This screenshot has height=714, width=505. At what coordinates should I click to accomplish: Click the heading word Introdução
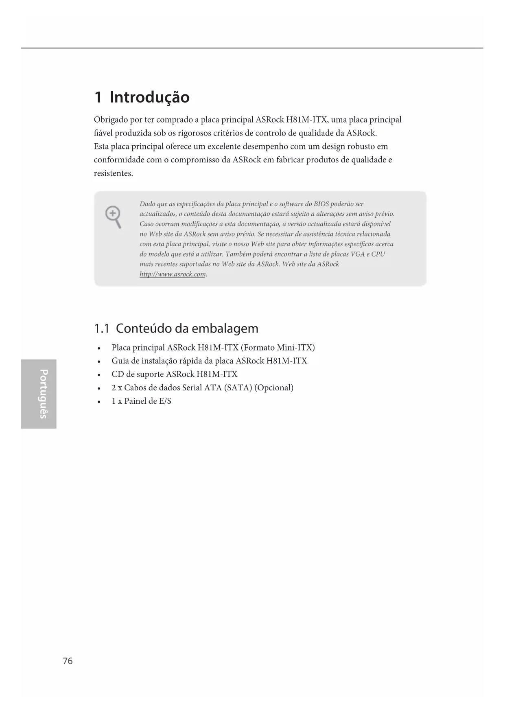tap(149, 98)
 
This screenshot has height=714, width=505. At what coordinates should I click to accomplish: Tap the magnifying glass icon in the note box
tap(113, 217)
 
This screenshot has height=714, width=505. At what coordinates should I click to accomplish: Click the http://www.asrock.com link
tap(173, 274)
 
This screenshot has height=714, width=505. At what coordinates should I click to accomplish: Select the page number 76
tap(68, 661)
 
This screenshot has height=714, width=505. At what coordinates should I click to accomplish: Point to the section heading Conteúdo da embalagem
tap(187, 329)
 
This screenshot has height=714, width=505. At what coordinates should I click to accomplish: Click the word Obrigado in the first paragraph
tap(110, 120)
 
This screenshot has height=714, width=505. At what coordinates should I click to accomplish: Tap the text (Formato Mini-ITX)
tap(278, 348)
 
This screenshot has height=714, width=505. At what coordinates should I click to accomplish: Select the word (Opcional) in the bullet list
tap(274, 388)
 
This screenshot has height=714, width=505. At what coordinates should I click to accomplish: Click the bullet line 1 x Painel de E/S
tap(141, 401)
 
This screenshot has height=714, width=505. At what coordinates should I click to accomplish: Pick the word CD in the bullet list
tap(117, 374)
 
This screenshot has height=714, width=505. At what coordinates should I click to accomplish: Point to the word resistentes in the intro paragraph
tap(113, 173)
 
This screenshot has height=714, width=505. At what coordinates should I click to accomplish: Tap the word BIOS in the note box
tap(321, 204)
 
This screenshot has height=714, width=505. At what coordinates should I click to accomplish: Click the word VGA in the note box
tap(358, 254)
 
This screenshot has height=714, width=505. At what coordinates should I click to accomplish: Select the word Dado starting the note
tap(147, 204)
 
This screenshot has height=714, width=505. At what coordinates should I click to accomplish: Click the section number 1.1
tap(101, 329)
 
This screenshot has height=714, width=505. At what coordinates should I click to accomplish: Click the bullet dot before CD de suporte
tap(99, 375)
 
